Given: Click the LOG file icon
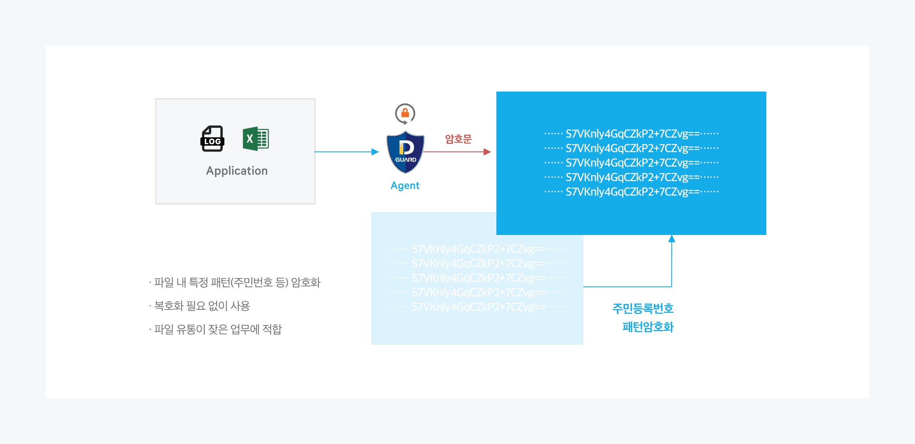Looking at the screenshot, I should click(x=212, y=139).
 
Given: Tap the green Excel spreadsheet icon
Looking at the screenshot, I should click(x=256, y=139).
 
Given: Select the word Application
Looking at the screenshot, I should click(x=237, y=171).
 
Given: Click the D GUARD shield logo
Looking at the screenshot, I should click(x=405, y=152).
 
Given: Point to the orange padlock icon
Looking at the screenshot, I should click(x=405, y=113).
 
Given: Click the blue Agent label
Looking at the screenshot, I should click(x=405, y=185).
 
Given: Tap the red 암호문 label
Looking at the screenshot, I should click(x=458, y=139).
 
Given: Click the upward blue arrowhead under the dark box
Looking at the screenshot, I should click(x=672, y=239).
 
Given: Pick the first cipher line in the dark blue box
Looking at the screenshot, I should click(x=632, y=134).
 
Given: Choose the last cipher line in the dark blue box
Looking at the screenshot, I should click(x=632, y=192).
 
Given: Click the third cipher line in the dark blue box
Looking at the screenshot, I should click(x=632, y=163).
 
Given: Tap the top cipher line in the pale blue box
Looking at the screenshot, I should click(x=478, y=249).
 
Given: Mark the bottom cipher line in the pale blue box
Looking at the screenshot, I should click(x=478, y=307).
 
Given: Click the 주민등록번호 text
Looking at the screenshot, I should click(x=643, y=309).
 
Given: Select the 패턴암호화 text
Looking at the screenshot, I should click(x=648, y=327).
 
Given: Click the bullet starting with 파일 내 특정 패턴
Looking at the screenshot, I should click(x=235, y=283).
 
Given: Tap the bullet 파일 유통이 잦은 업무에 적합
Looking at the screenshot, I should click(x=216, y=329).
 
